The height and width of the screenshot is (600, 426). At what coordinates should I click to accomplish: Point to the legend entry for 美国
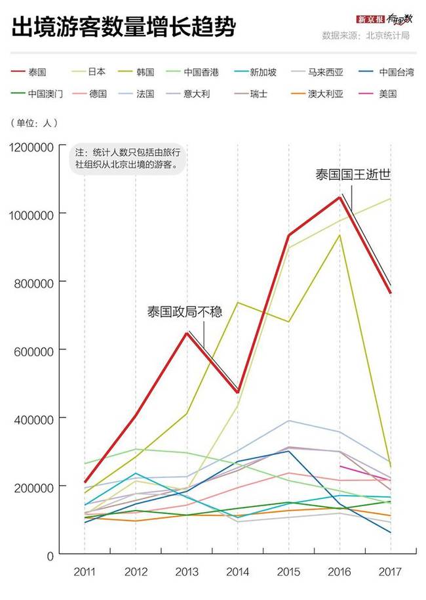pos(387,94)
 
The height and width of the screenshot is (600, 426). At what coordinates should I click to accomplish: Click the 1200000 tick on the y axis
pos(31,146)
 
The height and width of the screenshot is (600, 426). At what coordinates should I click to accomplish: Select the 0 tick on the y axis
pos(48,555)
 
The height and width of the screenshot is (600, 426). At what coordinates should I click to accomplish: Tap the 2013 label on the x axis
pos(187,572)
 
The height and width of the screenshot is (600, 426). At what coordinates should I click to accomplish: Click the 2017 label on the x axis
pos(391,572)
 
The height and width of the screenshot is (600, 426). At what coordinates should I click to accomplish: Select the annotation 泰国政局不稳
pos(185,312)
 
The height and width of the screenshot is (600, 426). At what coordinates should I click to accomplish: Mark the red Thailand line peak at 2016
pos(339,197)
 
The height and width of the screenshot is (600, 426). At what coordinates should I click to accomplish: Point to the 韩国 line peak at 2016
pos(339,235)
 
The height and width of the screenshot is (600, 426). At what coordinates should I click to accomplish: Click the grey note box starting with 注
pos(128,158)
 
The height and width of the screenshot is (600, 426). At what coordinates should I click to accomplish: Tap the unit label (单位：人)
pos(35,123)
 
